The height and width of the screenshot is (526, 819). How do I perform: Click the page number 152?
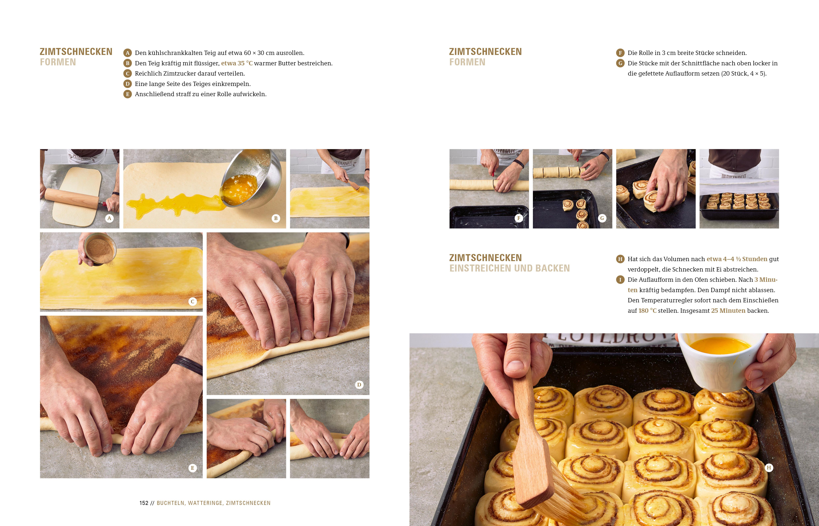144,503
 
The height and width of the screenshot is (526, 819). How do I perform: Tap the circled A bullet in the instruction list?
127,53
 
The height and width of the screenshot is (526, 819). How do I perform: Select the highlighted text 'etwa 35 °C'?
237,63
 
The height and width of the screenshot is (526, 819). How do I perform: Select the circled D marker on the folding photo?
359,385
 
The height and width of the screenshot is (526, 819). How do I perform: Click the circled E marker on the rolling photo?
192,468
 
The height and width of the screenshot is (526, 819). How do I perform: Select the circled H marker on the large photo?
769,468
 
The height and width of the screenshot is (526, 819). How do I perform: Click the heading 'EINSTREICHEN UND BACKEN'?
509,269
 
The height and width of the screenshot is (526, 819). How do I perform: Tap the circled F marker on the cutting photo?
519,218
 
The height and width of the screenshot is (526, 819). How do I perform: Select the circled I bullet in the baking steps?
620,280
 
